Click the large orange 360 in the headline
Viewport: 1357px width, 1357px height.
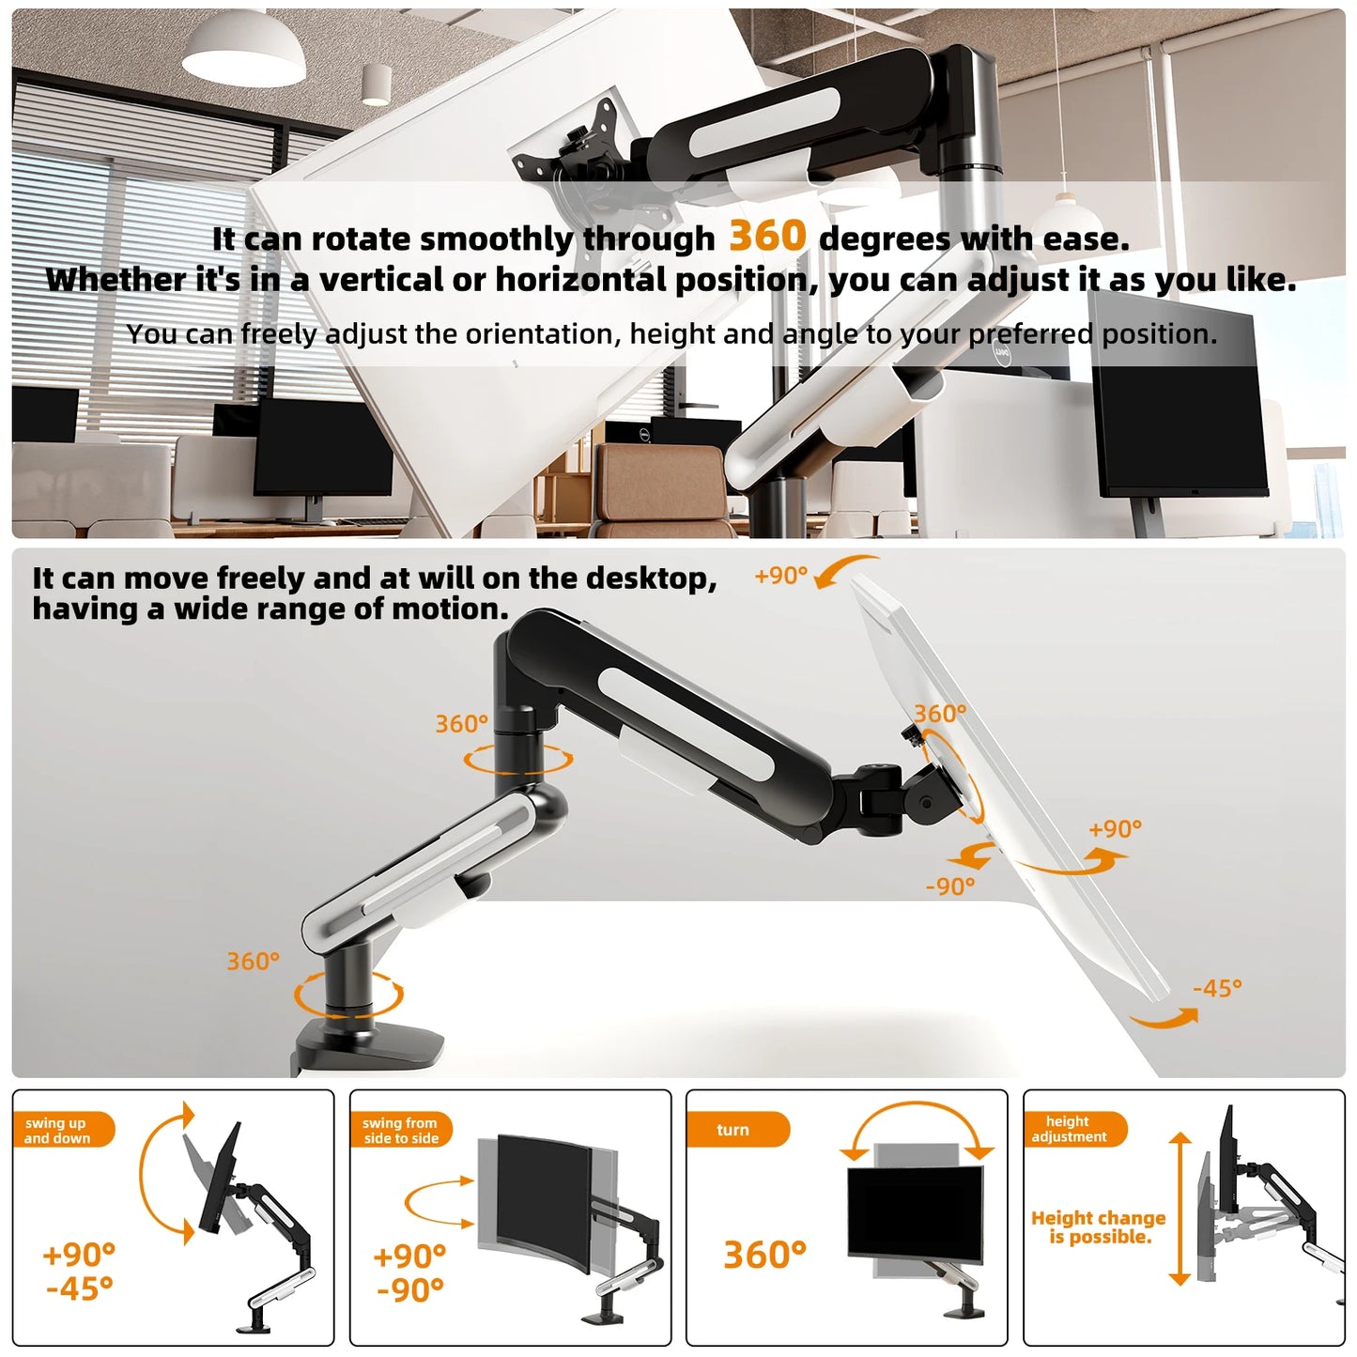(766, 236)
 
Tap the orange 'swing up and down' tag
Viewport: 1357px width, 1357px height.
(62, 1130)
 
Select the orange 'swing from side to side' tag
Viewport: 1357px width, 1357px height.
(401, 1130)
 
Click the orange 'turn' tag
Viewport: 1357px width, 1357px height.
(735, 1130)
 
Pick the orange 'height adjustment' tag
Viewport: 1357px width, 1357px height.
(1072, 1129)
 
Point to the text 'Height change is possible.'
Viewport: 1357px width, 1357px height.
(1099, 1227)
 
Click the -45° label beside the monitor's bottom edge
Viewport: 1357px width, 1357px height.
(1217, 988)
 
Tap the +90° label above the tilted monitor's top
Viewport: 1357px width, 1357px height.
(780, 576)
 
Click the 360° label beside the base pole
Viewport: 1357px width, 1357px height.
(253, 962)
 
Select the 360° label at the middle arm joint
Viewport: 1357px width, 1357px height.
(461, 724)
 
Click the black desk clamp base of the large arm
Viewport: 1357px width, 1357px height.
(371, 1045)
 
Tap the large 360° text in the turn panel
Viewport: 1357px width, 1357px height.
(764, 1255)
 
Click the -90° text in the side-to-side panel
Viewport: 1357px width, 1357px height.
(410, 1290)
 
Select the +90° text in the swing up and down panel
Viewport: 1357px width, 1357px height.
(79, 1255)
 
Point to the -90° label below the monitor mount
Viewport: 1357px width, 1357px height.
(950, 887)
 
